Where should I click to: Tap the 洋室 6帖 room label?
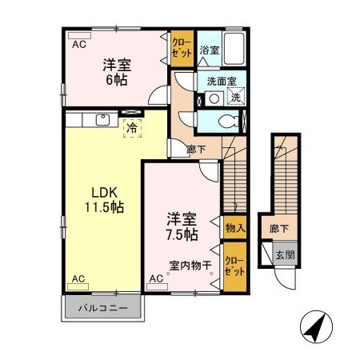pos(117,73)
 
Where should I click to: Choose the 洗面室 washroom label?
pos(219,81)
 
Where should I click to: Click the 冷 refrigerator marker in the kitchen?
pos(130,126)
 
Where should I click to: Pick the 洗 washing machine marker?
pos(236,98)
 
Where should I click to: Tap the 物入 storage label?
pos(235,228)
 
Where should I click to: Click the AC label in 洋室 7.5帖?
pos(156,278)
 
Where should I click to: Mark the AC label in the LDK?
pos(78,278)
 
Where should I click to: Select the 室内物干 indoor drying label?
pos(190,266)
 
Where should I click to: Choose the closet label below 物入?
pos(234,265)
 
